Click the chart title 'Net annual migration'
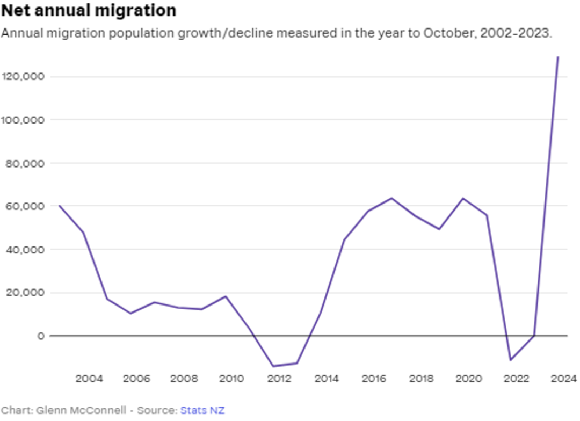tap(89, 10)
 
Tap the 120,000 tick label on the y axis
tap(23, 77)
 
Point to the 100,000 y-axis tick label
tap(23, 120)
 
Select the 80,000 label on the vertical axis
tap(25, 163)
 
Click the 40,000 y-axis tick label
tap(25, 250)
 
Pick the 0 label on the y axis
tap(41, 336)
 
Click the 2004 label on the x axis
tap(89, 379)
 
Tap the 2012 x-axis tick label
tap(279, 379)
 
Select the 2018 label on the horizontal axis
tap(422, 379)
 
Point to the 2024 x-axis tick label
tap(564, 379)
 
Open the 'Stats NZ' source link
tap(202, 410)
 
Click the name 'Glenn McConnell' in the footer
tap(81, 410)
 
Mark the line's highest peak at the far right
tap(558, 57)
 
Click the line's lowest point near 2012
tap(273, 366)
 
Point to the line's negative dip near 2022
tap(511, 360)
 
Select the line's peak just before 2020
tap(463, 198)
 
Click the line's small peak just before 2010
tap(226, 296)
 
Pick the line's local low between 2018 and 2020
tap(439, 229)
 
